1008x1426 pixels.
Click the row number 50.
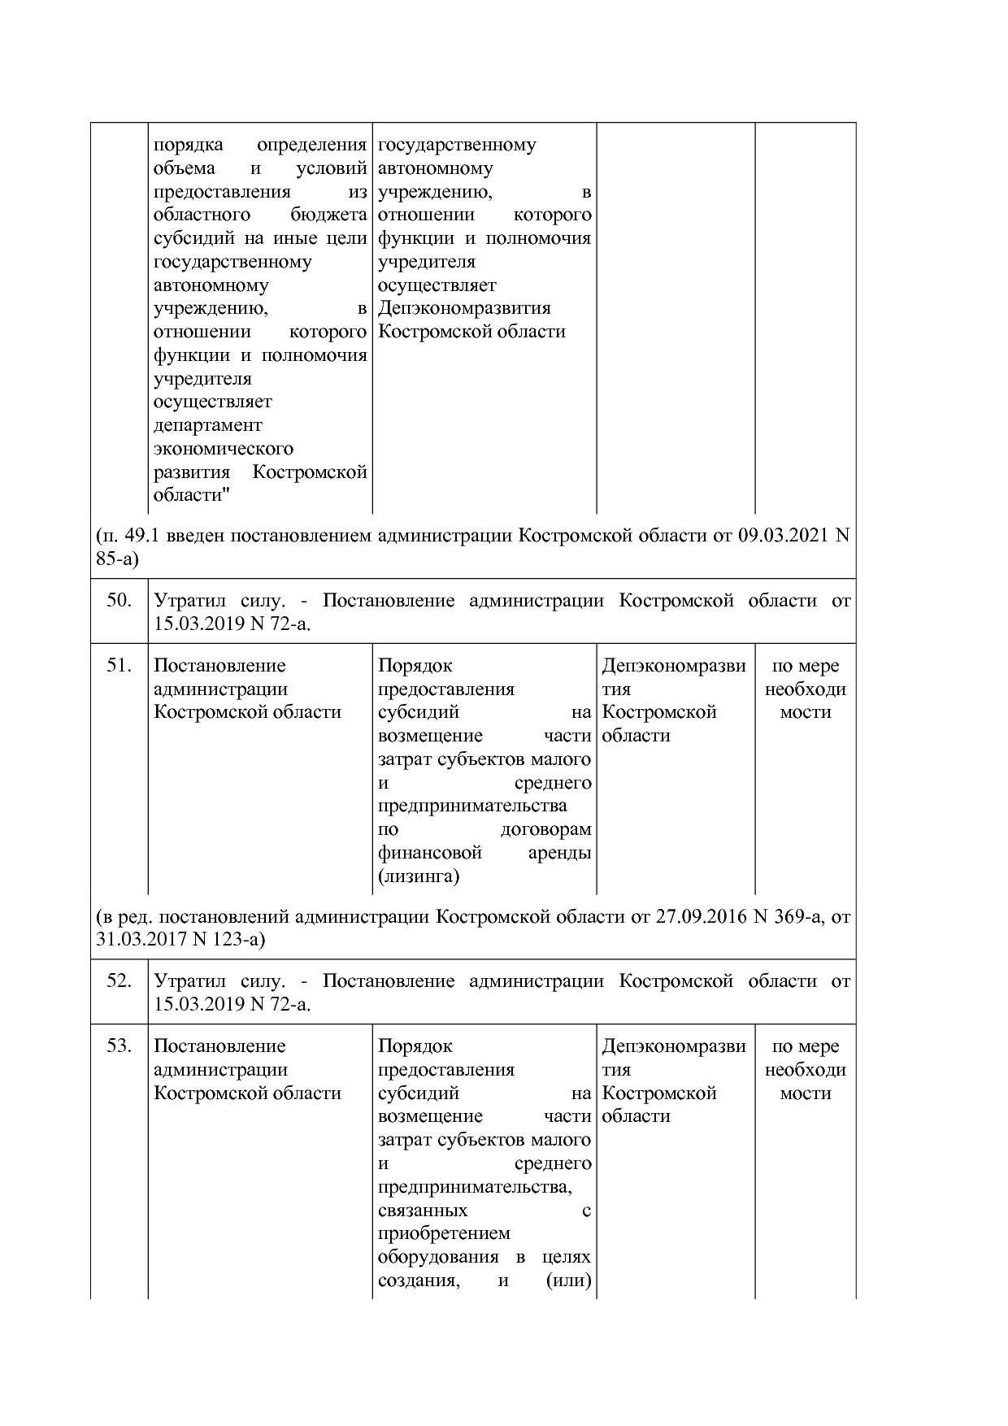pos(119,601)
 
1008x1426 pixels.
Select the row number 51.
pos(119,666)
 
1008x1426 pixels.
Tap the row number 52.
pos(119,981)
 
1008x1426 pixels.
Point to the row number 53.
pos(119,1046)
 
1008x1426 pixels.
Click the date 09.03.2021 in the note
pos(786,536)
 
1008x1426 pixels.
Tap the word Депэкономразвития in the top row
pos(464,309)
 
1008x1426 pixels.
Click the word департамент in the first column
pos(208,425)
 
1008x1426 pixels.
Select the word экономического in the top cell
pos(224,449)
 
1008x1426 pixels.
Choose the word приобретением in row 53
pos(444,1233)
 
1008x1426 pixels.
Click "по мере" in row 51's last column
pos(805,666)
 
